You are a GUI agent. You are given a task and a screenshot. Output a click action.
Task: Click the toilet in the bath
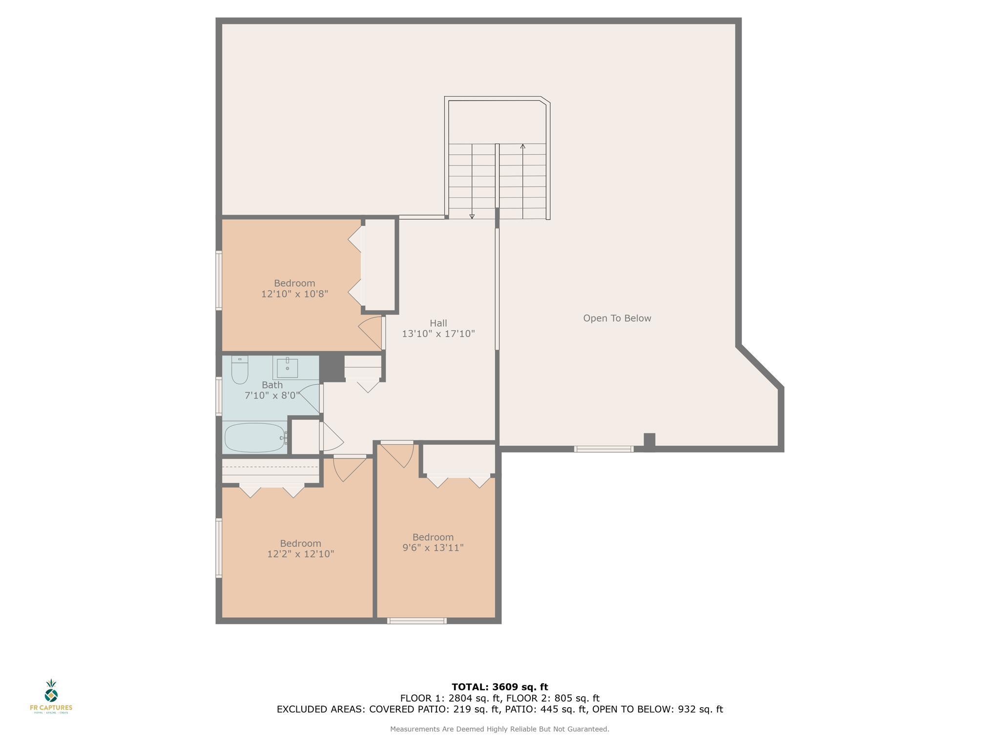(x=240, y=370)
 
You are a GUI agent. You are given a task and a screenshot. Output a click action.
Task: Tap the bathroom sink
(x=287, y=368)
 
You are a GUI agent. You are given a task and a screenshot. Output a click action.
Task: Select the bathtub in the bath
(x=254, y=437)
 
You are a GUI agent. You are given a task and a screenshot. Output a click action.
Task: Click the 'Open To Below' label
(x=617, y=318)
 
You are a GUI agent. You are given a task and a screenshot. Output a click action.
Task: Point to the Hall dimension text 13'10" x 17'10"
(x=438, y=334)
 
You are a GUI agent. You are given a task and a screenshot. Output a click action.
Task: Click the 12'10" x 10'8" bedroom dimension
(x=294, y=294)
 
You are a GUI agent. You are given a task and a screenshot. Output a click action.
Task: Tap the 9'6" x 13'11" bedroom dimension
(x=433, y=548)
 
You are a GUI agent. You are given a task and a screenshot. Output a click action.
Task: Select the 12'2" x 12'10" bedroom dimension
(x=300, y=554)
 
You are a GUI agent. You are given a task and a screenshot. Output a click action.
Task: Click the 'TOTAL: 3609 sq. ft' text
(x=500, y=687)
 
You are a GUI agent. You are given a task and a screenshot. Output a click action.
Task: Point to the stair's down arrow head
(x=472, y=216)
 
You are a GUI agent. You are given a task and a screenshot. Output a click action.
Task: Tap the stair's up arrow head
(x=523, y=146)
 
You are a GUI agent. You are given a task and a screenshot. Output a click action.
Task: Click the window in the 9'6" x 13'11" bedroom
(x=417, y=621)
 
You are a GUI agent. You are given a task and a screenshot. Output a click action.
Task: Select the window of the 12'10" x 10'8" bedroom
(x=219, y=280)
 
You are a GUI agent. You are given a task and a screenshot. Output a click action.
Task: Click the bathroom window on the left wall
(x=219, y=396)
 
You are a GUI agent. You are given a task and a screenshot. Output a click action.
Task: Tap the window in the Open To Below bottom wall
(x=604, y=449)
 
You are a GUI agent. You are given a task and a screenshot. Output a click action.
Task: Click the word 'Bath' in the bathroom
(x=272, y=385)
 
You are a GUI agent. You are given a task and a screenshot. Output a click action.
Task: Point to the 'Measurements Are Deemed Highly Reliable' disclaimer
(x=500, y=729)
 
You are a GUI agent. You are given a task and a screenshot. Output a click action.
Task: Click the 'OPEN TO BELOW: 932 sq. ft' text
(x=658, y=709)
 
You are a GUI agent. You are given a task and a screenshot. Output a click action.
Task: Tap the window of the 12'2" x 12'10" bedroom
(x=219, y=548)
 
